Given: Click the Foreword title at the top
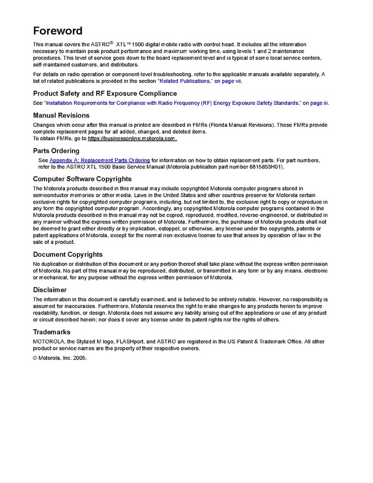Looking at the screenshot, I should coord(58,30).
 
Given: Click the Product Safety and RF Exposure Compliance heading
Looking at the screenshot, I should coord(105,93).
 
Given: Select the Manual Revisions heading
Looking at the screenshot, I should coord(61,116).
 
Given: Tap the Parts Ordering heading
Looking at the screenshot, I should coord(56,151).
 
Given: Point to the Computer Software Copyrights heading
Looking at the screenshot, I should coord(82,179).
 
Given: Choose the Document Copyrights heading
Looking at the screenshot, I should coord(68,255).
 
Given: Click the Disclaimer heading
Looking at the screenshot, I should coord(50,290).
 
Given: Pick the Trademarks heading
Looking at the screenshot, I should coord(52,332).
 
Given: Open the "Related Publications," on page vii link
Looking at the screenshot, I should coord(199,81).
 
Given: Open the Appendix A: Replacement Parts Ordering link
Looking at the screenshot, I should coord(99,160).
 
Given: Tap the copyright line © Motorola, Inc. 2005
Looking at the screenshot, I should coord(60,358).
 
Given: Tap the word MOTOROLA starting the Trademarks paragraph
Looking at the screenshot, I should coord(47,341).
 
